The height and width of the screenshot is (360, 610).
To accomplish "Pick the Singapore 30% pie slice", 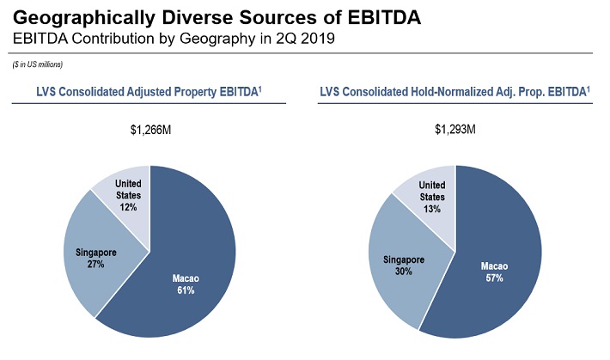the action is [405, 265].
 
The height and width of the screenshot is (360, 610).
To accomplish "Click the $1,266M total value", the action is [150, 130].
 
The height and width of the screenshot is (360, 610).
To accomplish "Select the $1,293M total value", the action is [455, 129].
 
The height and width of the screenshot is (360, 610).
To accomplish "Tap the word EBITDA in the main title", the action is [384, 17].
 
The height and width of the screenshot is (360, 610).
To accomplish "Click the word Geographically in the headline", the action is [84, 18].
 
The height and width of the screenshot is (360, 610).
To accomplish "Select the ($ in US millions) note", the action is [37, 64].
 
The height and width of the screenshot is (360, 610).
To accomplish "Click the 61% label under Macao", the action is [186, 290].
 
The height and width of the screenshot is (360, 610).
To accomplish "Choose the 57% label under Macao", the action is [494, 278].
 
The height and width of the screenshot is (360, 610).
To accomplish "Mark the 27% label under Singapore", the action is [95, 265].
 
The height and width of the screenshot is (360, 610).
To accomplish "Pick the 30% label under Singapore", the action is [404, 272].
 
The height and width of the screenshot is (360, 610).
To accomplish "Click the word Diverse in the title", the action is [198, 17].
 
